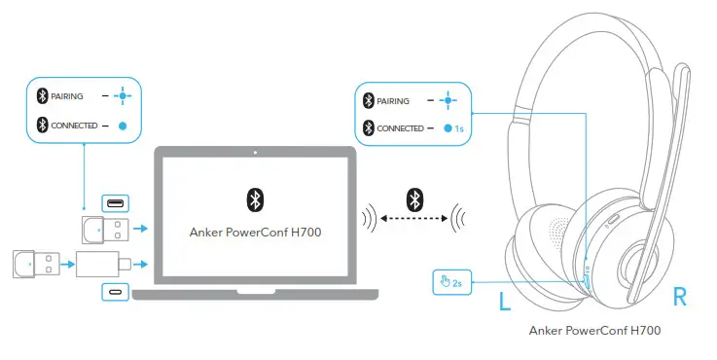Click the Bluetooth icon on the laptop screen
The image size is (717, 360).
(253, 200)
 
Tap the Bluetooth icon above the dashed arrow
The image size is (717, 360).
(413, 200)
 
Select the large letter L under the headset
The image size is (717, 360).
(504, 302)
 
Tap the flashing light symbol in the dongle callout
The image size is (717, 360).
(123, 95)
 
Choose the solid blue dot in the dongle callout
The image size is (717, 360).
(123, 126)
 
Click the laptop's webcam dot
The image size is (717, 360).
(254, 153)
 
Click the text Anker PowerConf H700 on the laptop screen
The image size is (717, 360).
(253, 233)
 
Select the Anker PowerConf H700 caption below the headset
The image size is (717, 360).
(594, 331)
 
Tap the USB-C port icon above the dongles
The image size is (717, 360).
(115, 204)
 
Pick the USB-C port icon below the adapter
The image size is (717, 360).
(115, 291)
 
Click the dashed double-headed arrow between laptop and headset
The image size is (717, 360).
(412, 220)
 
